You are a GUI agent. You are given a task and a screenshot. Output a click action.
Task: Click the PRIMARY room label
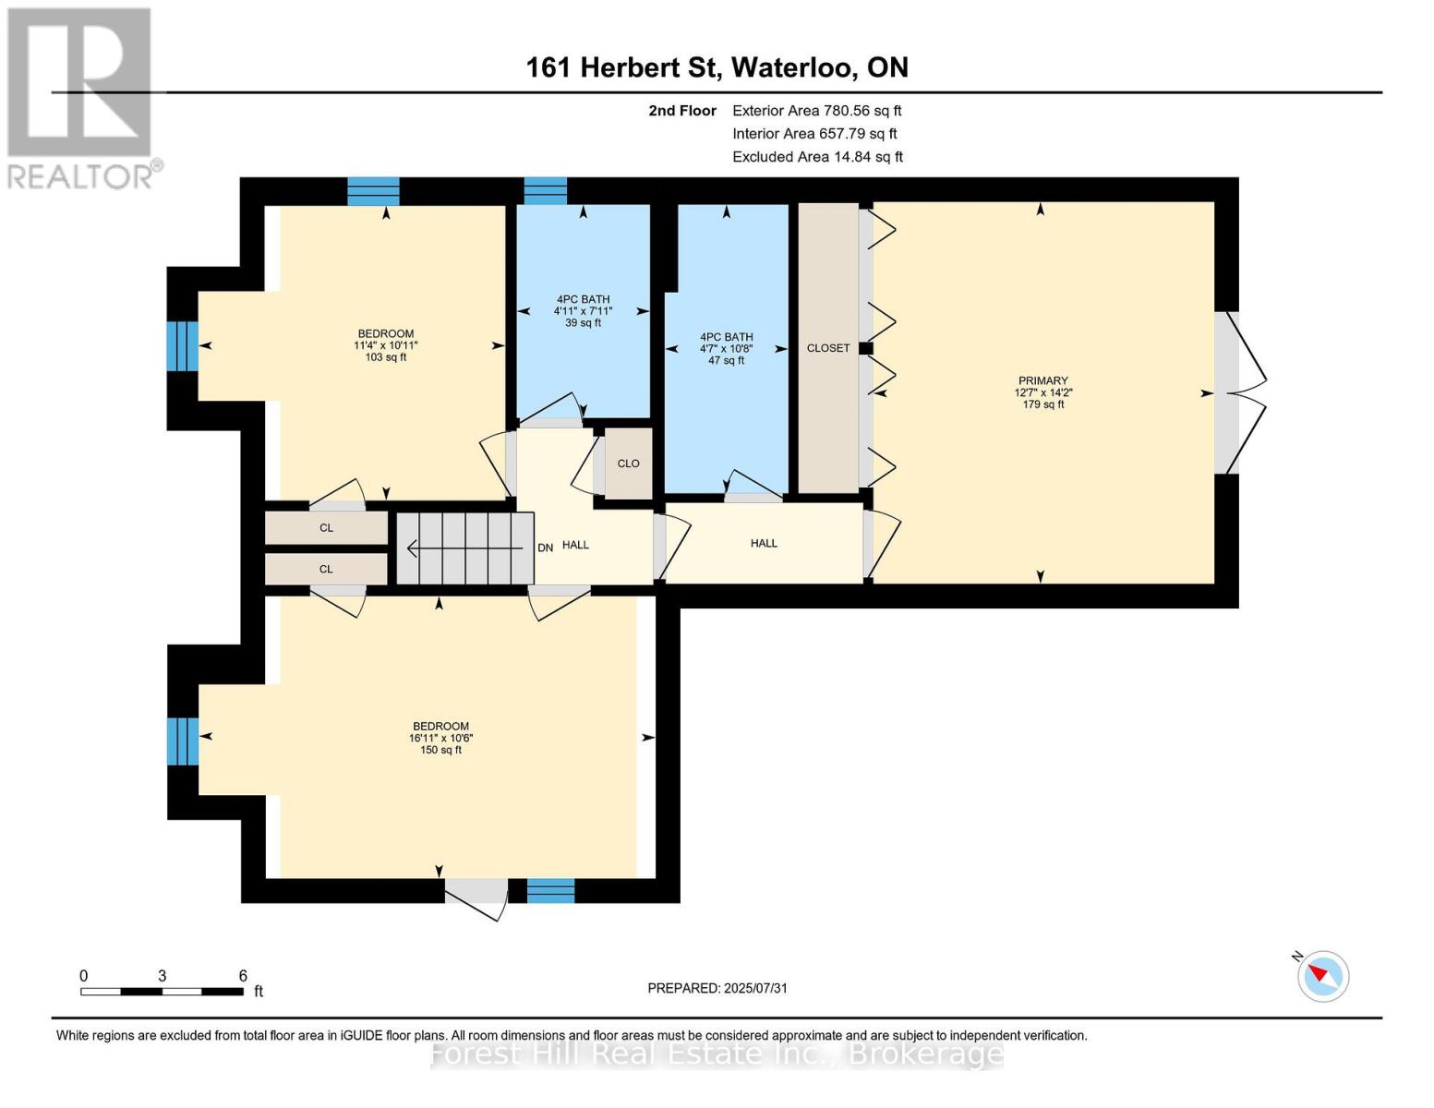pos(1042,381)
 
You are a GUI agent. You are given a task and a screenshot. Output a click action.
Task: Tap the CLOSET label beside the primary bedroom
pos(827,348)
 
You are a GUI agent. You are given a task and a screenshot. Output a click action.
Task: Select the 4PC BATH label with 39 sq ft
pos(583,300)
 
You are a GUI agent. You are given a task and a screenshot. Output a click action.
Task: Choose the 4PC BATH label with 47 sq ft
pos(726,338)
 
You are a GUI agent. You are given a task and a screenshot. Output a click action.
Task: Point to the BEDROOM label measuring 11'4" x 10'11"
pos(385,334)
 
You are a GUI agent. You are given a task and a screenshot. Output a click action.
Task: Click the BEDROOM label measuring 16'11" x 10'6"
pos(440,727)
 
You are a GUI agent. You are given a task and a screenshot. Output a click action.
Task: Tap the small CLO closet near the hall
pos(628,464)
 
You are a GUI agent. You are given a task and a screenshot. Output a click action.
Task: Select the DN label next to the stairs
pos(545,548)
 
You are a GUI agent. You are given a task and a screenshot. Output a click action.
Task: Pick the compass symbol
pos(1322,975)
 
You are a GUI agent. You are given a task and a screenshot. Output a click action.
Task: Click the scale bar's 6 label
pos(243,976)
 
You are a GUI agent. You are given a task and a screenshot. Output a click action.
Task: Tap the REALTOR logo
pos(81,97)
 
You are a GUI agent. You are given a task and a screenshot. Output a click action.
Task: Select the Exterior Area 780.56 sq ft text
pos(816,111)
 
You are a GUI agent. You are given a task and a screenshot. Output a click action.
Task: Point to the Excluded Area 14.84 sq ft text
pos(817,157)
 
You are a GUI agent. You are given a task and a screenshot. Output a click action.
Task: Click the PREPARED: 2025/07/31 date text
pos(717,988)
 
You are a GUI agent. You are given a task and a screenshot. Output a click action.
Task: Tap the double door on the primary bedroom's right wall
pos(1239,392)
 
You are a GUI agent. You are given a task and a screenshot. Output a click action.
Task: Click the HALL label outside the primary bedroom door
pos(764,544)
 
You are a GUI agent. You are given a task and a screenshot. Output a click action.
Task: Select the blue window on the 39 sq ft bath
pos(545,190)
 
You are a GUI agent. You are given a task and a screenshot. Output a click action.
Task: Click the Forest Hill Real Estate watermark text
pos(717,1054)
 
